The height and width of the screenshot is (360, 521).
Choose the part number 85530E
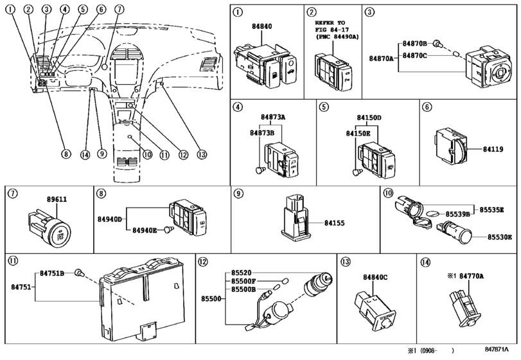pos(499,237)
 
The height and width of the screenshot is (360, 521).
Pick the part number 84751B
pos(53,273)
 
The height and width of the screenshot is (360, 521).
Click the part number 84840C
pos(376,277)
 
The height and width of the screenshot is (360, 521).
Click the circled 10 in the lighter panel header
pos(387,193)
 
